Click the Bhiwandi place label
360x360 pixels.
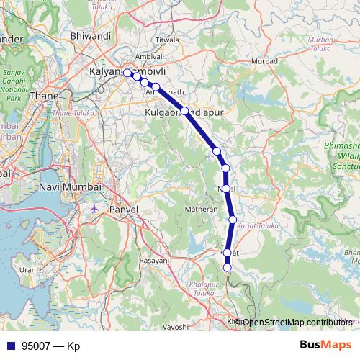pos(90,35)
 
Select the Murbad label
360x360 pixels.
pos(265,61)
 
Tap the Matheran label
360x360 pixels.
pos(202,209)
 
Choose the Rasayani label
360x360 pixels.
pos(153,260)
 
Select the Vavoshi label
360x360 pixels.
pos(175,327)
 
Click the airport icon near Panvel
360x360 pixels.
pos(96,208)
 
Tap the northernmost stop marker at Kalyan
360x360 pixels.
pos(127,73)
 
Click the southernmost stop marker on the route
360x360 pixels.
pos(228,268)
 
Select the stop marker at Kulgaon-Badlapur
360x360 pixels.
pos(185,111)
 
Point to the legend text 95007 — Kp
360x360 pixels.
pos(50,346)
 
